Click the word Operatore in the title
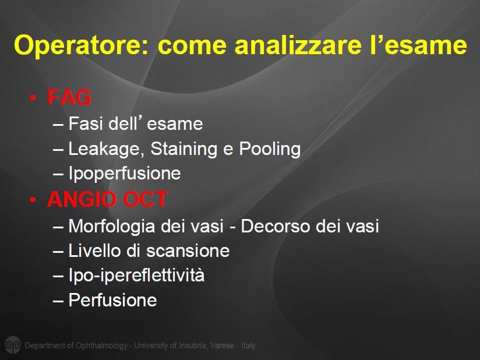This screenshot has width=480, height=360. [x=81, y=45]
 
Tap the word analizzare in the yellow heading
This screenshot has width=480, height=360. [x=298, y=45]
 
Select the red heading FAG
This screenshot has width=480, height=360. [x=69, y=97]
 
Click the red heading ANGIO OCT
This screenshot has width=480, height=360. [x=107, y=199]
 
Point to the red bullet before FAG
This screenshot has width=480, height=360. [x=33, y=98]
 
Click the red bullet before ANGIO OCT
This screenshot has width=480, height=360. [x=33, y=200]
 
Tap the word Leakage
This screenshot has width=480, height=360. [x=106, y=149]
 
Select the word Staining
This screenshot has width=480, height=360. [x=184, y=149]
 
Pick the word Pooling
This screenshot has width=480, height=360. [x=270, y=149]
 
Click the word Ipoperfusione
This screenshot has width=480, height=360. [x=125, y=174]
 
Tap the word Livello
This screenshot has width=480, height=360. [x=95, y=250]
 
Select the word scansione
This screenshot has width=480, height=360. [x=188, y=251]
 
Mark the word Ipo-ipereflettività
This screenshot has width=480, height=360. [x=136, y=275]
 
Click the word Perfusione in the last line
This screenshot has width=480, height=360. [x=112, y=299]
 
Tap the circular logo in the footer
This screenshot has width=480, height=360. [x=13, y=345]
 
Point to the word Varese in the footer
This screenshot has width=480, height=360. [x=223, y=345]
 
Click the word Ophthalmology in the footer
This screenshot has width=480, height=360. [x=101, y=346]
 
